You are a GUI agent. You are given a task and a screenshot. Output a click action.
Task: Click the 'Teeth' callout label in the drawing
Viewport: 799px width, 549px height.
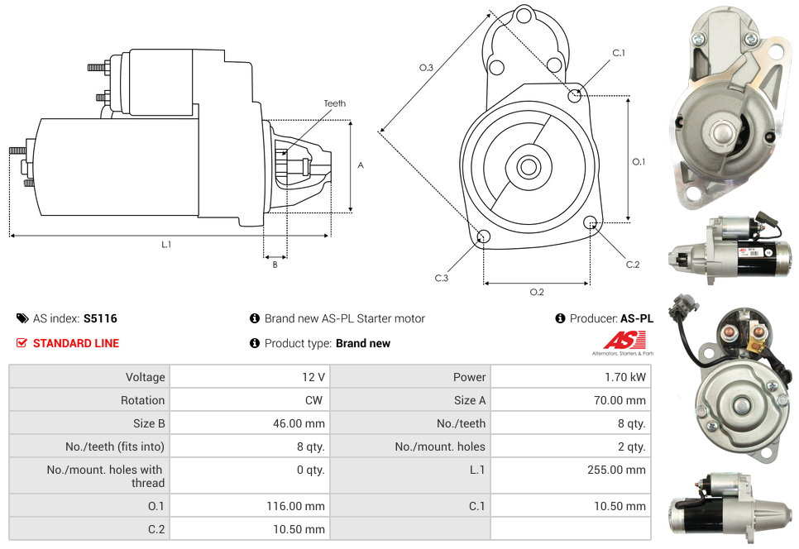334,103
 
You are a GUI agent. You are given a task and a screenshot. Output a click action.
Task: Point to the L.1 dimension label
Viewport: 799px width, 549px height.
166,244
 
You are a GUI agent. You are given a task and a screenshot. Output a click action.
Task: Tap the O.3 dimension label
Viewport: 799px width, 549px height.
426,68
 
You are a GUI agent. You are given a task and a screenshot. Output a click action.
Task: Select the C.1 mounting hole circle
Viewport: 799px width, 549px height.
575,95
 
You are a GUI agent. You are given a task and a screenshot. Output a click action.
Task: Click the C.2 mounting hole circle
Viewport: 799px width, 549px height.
591,222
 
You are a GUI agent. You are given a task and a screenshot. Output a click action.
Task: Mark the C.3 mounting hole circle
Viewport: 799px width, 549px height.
485,238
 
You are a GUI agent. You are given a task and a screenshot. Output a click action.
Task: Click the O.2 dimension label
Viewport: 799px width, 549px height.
537,292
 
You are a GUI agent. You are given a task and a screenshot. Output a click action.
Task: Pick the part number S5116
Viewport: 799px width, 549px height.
100,318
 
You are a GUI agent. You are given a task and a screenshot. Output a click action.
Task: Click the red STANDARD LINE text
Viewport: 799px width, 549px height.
75,343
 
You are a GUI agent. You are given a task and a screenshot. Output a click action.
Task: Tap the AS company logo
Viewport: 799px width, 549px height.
626,341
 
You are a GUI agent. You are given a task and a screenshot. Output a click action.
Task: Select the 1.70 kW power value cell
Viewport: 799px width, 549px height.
570,377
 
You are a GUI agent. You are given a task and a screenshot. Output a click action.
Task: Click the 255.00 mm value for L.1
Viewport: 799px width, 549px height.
570,470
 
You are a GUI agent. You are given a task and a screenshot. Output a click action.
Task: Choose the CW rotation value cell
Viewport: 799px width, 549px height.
249,400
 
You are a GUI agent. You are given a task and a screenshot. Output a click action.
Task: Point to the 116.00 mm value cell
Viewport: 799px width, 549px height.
249,506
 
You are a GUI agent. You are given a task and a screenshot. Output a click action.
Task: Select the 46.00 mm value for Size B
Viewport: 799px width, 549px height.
249,423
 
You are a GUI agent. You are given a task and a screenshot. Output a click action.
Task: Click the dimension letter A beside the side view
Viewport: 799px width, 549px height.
361,165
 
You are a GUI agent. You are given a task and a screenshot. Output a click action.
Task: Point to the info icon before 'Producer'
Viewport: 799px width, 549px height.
560,318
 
